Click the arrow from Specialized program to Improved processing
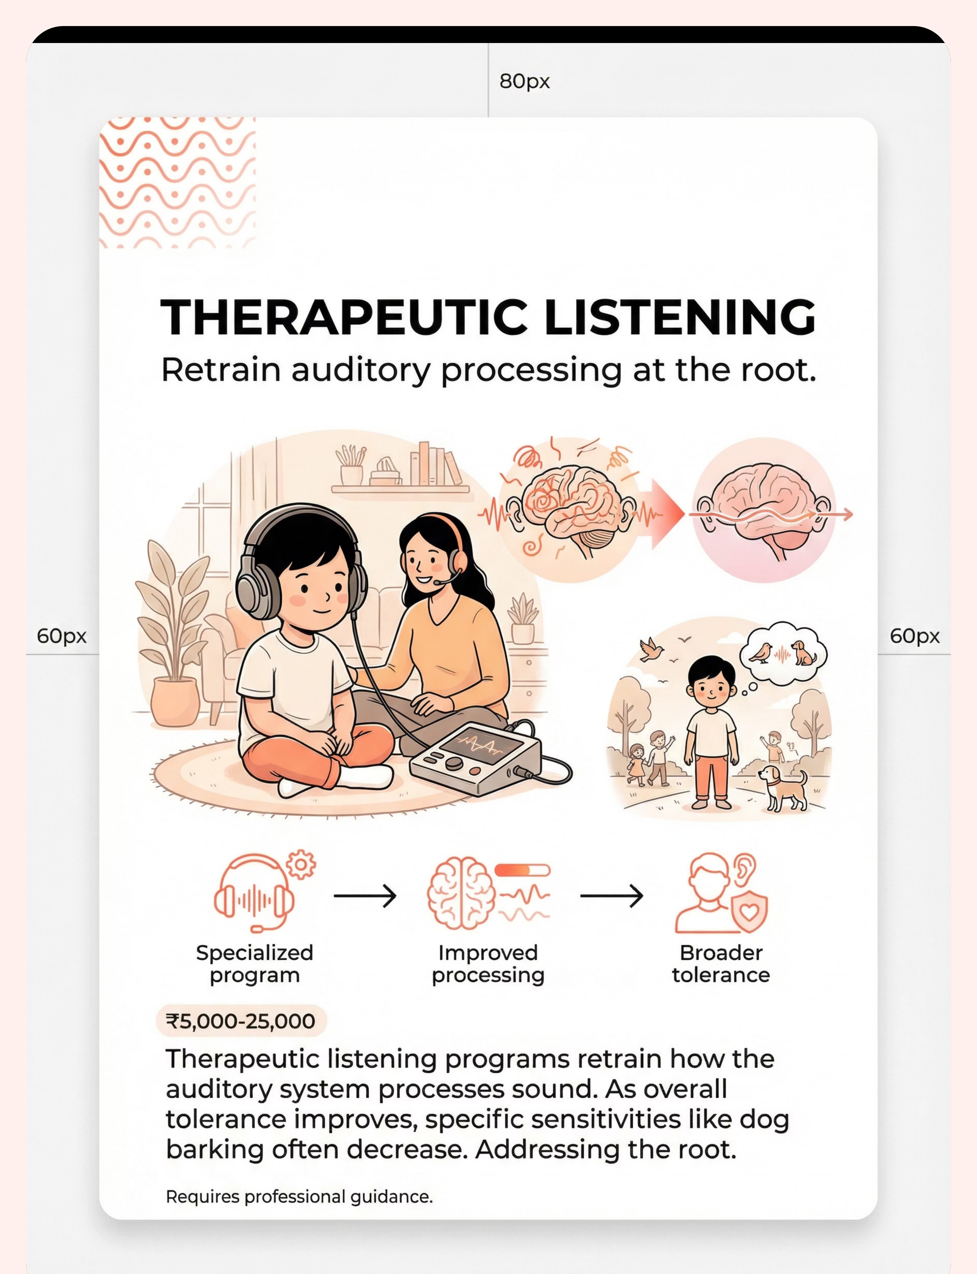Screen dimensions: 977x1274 point(365,896)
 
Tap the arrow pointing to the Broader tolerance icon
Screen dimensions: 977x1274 point(612,896)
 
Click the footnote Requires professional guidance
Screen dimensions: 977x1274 point(300,1197)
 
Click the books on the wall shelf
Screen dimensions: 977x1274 point(435,464)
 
